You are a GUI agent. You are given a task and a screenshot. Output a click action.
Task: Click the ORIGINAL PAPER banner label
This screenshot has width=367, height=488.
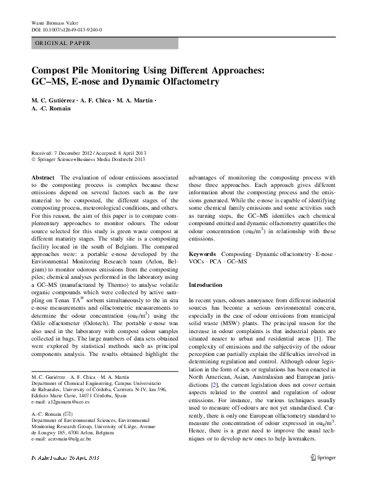pos(63,44)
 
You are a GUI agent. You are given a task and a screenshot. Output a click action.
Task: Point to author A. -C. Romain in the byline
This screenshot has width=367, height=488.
pos(51,109)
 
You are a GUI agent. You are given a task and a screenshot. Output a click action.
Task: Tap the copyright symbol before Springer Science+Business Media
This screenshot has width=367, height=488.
pos(33,160)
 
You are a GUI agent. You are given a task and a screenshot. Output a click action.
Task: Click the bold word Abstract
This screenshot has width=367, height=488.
pos(43,177)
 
